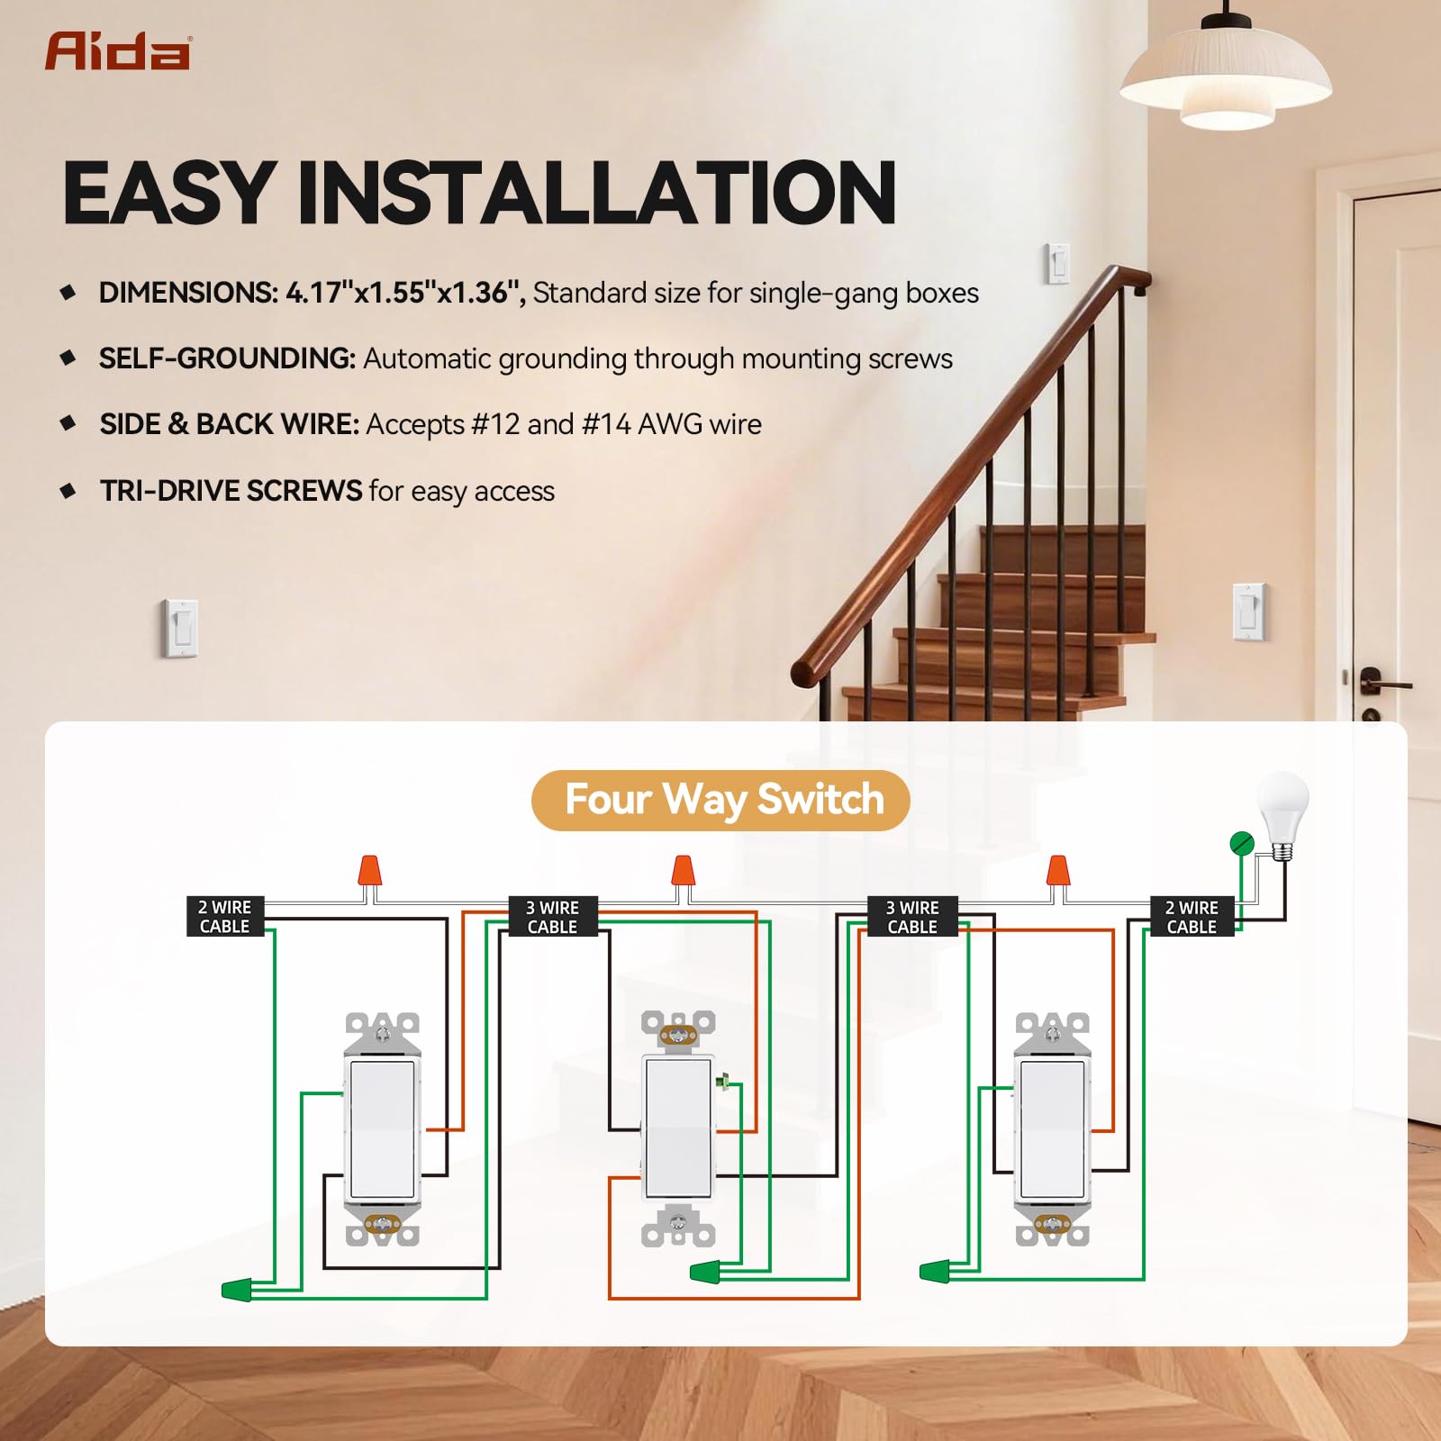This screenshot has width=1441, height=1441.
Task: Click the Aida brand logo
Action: [x=117, y=51]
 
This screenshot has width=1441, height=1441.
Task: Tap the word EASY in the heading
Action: [x=168, y=192]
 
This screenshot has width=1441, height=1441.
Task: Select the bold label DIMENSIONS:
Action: [x=188, y=293]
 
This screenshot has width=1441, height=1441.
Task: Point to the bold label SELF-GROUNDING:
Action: [x=227, y=358]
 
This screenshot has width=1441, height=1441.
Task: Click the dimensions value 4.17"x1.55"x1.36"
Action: [x=405, y=293]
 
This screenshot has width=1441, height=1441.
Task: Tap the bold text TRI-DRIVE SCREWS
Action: [x=231, y=491]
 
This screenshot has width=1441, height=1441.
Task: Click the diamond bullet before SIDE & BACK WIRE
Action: [x=68, y=423]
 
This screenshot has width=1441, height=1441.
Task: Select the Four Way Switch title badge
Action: [x=720, y=800]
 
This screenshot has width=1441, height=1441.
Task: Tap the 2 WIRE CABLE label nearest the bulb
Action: [x=1192, y=917]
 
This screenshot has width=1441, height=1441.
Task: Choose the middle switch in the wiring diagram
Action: [x=678, y=1129]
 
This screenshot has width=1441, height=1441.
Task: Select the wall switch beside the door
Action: [x=1249, y=612]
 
